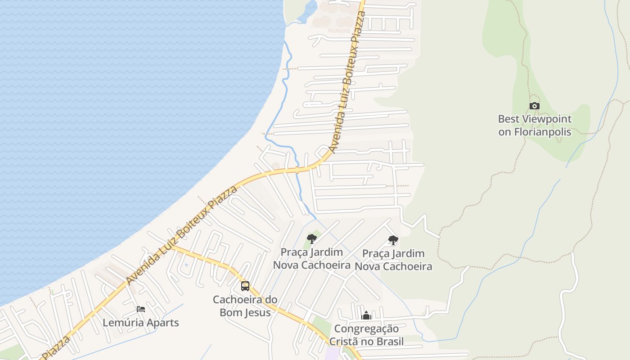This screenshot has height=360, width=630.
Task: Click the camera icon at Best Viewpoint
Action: tap(535, 106)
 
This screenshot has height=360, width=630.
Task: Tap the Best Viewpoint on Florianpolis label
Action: tap(535, 126)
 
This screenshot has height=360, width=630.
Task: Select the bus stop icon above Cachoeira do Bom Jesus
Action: tap(245, 286)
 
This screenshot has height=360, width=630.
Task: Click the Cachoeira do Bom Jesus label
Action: tap(245, 306)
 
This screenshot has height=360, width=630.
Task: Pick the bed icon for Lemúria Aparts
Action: tap(141, 309)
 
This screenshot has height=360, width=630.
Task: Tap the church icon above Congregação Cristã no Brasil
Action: tap(366, 315)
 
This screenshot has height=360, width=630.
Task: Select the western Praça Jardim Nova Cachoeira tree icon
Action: tap(311, 239)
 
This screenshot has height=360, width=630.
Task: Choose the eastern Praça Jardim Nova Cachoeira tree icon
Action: tap(393, 240)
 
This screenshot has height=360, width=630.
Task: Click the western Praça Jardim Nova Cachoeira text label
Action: tap(312, 259)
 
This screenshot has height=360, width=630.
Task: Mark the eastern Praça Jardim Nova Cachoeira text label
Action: tap(394, 260)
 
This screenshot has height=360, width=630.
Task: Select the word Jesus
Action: tap(257, 312)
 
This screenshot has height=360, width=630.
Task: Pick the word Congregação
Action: tap(366, 329)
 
